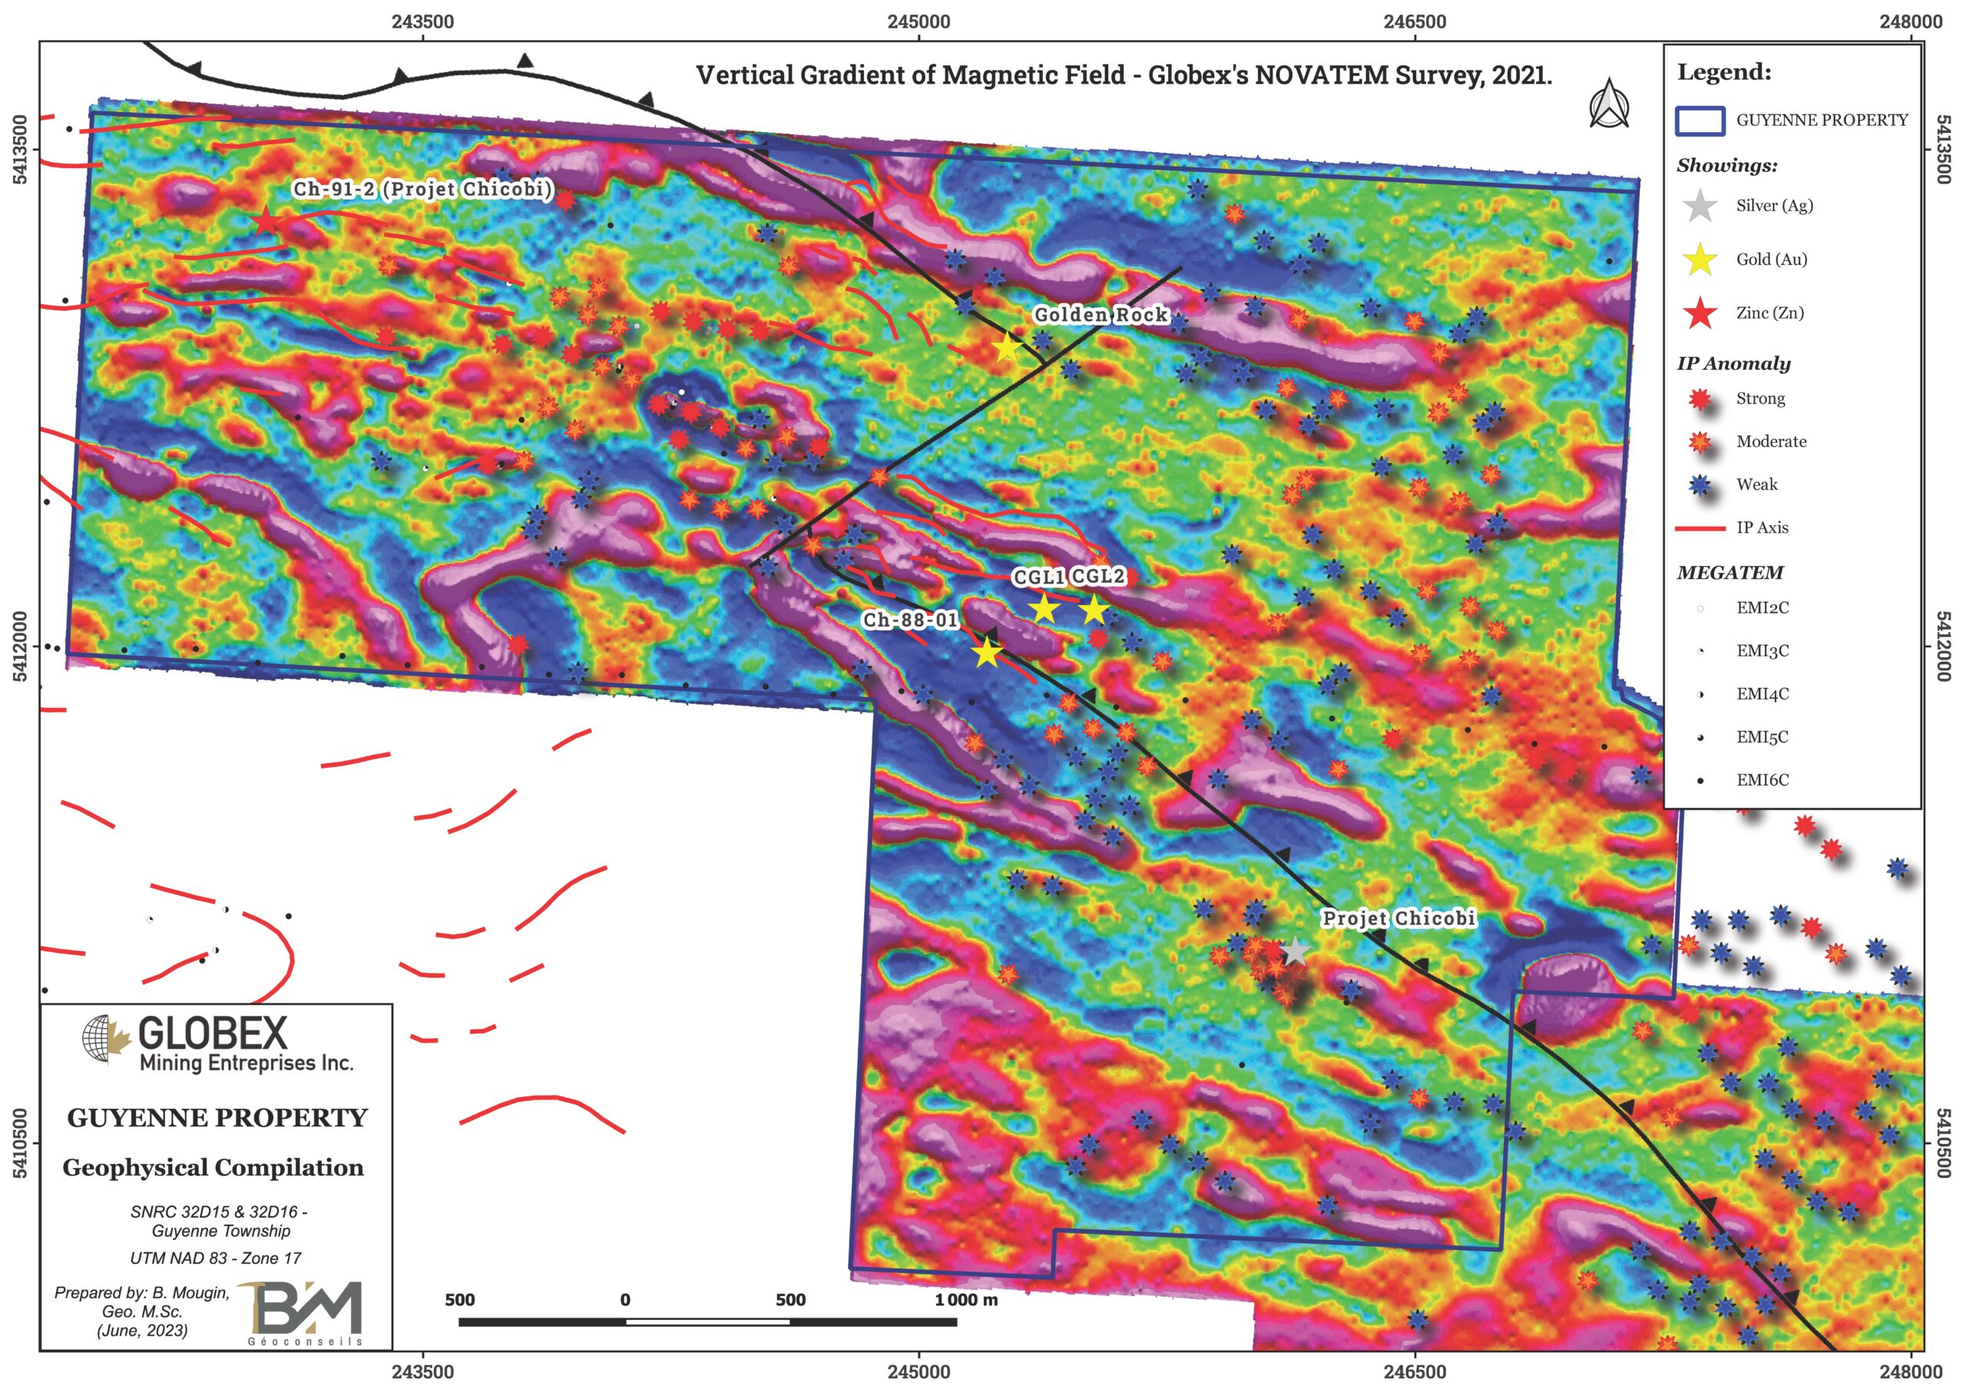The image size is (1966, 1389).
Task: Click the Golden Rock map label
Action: point(1100,315)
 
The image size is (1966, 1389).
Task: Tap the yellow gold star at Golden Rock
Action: point(1007,348)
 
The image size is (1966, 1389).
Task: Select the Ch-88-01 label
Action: point(909,619)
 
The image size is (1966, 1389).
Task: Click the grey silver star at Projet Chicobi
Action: point(1295,951)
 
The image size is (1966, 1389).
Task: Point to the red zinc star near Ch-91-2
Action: point(266,222)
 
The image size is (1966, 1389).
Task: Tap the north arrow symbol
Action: point(1609,104)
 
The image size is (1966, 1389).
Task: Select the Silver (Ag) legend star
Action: point(1700,206)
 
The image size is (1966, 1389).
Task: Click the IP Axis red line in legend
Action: point(1700,528)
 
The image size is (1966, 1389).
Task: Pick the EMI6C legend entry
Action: point(1762,780)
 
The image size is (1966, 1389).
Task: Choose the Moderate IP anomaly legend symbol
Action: point(1700,442)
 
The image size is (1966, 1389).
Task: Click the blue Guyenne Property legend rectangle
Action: point(1700,121)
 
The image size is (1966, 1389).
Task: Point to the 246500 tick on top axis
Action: point(1415,22)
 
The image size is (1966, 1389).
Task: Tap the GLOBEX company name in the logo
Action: point(213,1033)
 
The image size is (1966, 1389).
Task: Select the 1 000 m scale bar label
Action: point(966,1300)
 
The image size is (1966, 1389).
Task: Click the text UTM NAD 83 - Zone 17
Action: point(216,1258)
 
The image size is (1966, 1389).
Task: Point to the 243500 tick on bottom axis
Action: point(423,1371)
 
